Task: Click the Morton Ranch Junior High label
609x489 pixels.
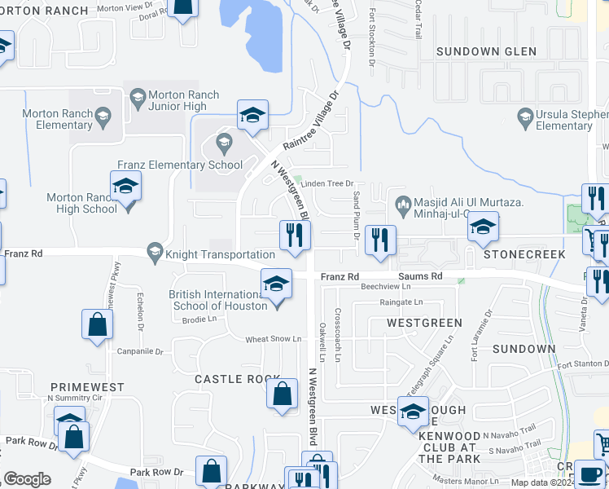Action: tap(178, 100)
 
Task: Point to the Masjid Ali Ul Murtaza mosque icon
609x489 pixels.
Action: tap(401, 202)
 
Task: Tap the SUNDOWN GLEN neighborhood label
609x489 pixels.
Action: tap(486, 51)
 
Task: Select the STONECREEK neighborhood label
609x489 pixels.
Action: tap(524, 254)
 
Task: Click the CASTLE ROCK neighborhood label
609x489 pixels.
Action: tap(237, 379)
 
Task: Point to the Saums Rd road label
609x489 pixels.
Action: tap(420, 277)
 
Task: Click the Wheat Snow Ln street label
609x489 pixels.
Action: tap(274, 339)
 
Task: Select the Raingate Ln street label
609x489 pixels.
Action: tap(401, 302)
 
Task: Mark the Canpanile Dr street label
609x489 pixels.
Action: tap(142, 352)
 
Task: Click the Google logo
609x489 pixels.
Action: tap(27, 479)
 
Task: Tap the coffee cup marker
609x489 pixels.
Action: tap(589, 473)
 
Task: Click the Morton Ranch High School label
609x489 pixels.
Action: tap(81, 203)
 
